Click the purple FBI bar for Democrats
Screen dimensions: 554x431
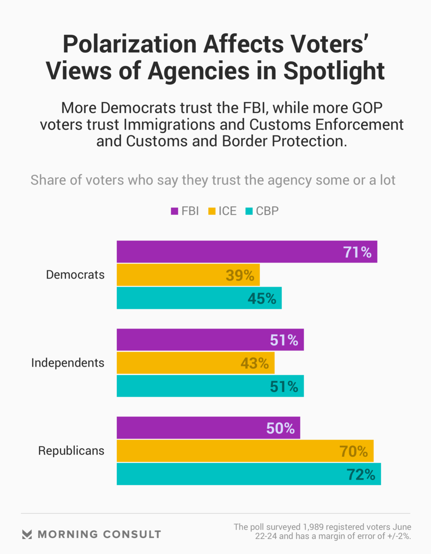pos(247,252)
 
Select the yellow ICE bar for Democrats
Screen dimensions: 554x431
pos(188,275)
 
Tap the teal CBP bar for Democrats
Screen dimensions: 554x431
pos(199,298)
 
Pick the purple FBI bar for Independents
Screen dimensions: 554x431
pos(210,340)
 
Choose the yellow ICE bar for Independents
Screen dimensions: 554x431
pos(195,363)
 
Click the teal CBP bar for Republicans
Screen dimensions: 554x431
pos(249,474)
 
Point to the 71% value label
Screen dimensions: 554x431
pos(357,252)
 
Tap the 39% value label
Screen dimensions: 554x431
pos(240,275)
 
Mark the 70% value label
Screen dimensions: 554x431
pos(353,451)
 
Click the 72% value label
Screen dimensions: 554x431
pos(361,475)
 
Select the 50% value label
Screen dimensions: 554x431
pos(280,428)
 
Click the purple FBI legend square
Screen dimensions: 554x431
pos(175,211)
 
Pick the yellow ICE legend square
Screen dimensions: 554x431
pos(212,211)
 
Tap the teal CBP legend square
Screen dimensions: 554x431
pos(249,211)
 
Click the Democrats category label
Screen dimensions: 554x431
pos(75,275)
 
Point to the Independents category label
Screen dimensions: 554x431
pos(68,363)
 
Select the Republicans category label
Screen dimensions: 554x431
pos(71,451)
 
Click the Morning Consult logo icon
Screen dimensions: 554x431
pos(27,534)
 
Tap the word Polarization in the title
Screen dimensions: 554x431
pos(130,44)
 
